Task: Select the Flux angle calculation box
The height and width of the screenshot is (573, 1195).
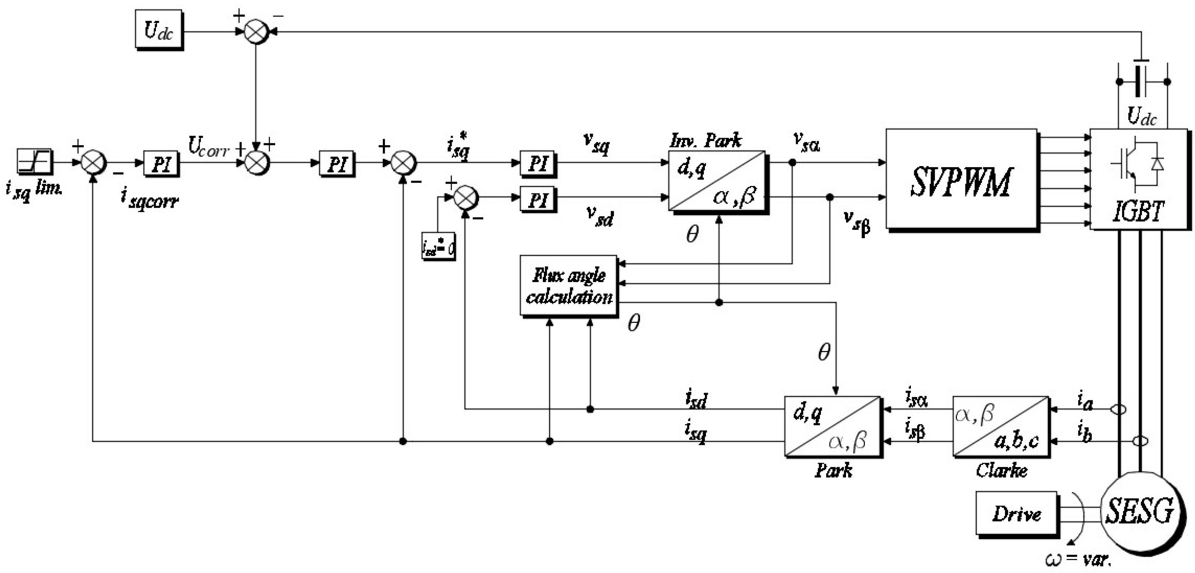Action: (569, 285)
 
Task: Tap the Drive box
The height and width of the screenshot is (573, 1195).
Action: (1016, 513)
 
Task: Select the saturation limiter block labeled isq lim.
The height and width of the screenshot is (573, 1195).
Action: (34, 161)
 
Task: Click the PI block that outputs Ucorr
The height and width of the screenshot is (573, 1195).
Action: (161, 163)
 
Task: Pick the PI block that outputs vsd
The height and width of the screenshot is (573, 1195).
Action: (538, 199)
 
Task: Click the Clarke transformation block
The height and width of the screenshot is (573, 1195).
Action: (1001, 426)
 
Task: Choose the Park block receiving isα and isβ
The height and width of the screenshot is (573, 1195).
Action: (832, 426)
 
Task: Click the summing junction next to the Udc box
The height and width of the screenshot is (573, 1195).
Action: (256, 32)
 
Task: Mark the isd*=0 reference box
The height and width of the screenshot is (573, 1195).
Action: (438, 246)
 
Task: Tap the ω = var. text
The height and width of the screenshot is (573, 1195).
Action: (1077, 559)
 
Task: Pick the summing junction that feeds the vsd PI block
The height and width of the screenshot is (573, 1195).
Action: (465, 197)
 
